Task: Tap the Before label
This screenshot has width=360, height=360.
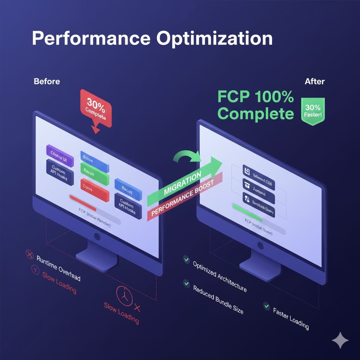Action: tap(47, 81)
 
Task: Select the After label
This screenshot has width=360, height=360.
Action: tap(315, 81)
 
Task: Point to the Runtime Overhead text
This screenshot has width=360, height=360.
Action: tap(58, 268)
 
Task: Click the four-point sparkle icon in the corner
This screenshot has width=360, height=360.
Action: tap(340, 341)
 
